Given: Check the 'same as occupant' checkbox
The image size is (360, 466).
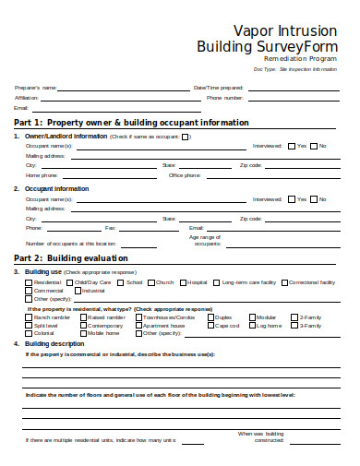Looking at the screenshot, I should [x=186, y=137].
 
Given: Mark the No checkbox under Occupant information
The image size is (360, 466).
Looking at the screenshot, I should [x=314, y=198].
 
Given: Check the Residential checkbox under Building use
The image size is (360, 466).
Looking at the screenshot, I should [x=28, y=282].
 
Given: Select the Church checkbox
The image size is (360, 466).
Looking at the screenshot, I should [x=150, y=282].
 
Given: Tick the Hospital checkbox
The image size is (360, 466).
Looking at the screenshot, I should [x=183, y=282].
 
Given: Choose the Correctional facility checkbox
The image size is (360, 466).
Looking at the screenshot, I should [x=283, y=282].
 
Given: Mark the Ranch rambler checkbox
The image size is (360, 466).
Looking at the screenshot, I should [x=28, y=317].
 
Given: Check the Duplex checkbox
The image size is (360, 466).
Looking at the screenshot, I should [x=210, y=317].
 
